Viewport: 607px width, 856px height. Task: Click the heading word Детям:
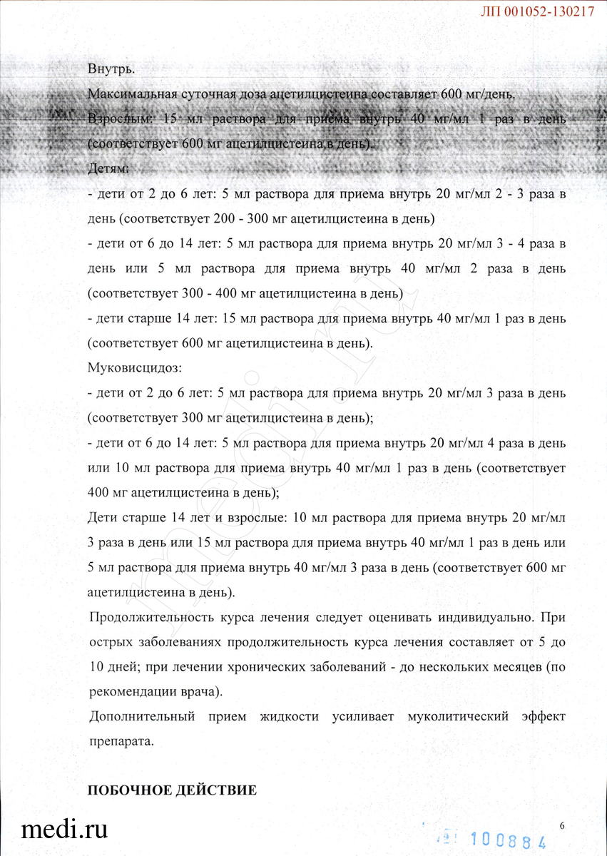coord(108,169)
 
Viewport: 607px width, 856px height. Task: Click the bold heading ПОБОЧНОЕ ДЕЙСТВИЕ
coord(171,790)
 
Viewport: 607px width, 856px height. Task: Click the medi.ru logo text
coord(64,830)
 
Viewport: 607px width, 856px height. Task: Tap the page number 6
coord(562,826)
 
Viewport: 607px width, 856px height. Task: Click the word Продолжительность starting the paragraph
coord(153,617)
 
